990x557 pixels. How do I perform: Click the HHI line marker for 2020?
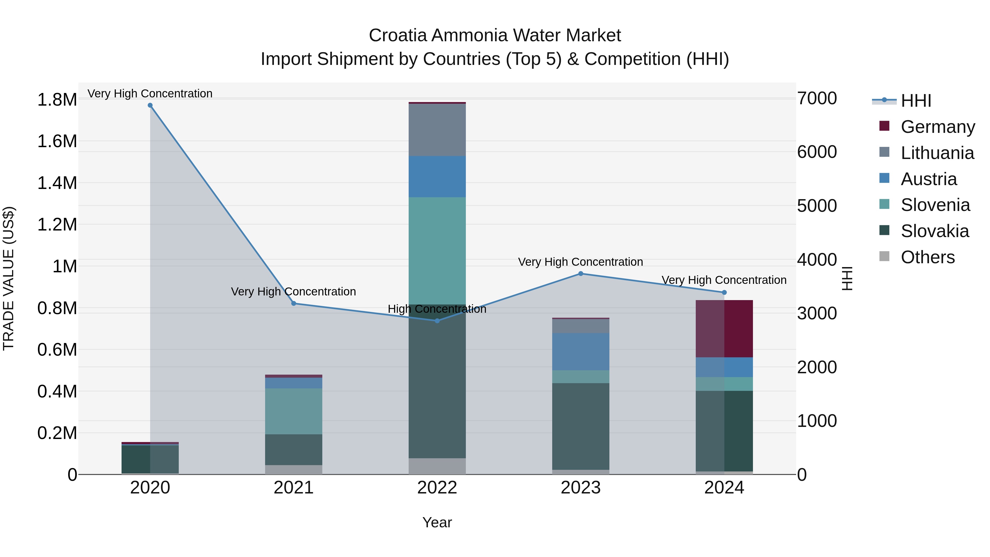150,105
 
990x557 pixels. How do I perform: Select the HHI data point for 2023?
581,274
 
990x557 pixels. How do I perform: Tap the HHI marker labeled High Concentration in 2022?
437,321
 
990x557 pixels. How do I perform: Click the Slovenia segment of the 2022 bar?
437,251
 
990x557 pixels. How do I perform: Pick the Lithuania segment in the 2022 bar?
437,130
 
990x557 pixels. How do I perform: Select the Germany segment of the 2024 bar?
724,329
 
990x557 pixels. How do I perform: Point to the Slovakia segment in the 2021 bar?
294,450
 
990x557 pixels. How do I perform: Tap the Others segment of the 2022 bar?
437,466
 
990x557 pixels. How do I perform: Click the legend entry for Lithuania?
937,153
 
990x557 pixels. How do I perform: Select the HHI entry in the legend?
915,101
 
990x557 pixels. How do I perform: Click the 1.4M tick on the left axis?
57,183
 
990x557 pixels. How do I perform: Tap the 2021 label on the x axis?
294,487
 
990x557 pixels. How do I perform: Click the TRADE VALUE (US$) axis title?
9,278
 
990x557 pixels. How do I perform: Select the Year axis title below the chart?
437,522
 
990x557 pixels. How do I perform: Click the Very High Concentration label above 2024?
724,280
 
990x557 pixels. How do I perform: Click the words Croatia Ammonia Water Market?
495,35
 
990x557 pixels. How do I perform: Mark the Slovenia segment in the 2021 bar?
294,411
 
